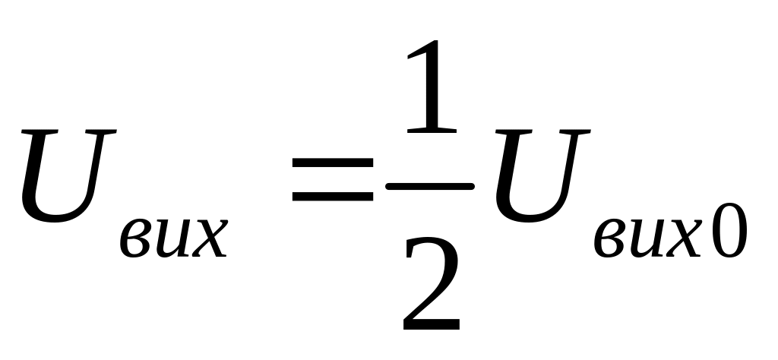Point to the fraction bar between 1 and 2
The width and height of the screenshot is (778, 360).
click(x=430, y=185)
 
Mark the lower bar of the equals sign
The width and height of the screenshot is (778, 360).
click(x=332, y=197)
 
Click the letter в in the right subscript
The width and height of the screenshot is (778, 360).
click(x=608, y=240)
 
